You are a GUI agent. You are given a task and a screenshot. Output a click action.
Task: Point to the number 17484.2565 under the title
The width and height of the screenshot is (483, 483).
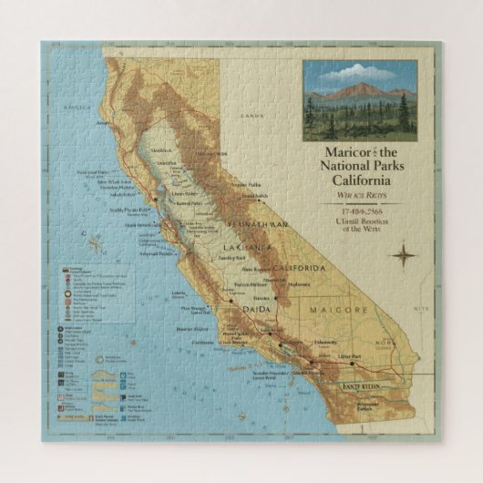pyautogui.click(x=357, y=211)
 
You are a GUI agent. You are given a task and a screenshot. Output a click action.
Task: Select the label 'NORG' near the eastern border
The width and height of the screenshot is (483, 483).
pyautogui.click(x=388, y=344)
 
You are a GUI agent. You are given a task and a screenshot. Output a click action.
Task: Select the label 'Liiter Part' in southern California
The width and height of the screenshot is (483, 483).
pyautogui.click(x=350, y=355)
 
